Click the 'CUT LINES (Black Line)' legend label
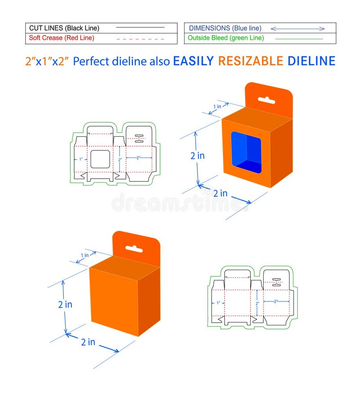(64, 28)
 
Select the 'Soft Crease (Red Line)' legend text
(62, 38)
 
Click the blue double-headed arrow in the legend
(297, 28)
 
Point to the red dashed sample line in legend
(140, 39)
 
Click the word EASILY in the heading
(193, 61)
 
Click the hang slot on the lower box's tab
(134, 248)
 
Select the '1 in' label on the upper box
(217, 107)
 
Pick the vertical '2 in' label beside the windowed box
(197, 156)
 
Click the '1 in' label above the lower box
(85, 255)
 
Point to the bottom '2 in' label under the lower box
(88, 342)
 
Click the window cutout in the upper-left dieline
(100, 159)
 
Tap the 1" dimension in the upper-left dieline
(81, 159)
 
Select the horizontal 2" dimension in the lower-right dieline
(276, 301)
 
